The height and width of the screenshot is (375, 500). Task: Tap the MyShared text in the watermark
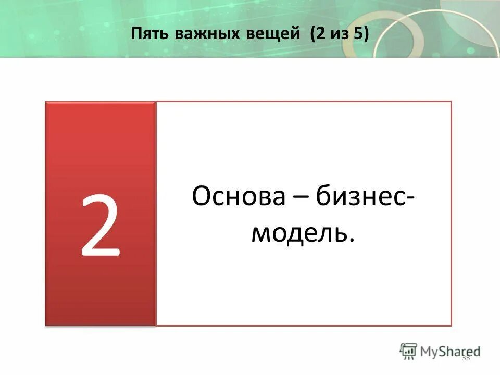(x=450, y=351)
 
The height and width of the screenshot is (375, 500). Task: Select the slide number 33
(x=466, y=357)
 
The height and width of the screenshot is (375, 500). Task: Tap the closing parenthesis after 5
(x=366, y=35)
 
